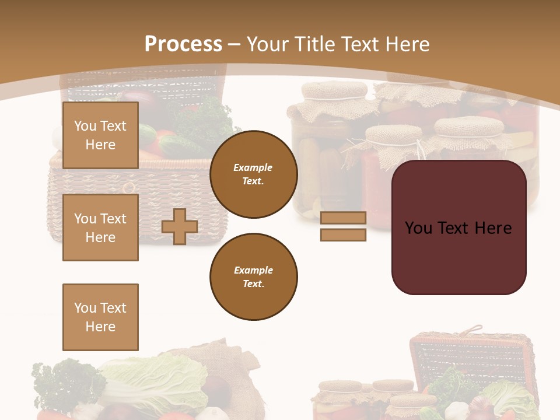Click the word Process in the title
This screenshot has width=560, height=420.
pyautogui.click(x=183, y=44)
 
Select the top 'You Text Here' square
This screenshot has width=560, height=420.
pyautogui.click(x=100, y=135)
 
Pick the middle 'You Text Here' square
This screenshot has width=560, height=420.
pyautogui.click(x=100, y=228)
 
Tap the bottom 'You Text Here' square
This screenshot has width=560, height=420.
pyautogui.click(x=100, y=317)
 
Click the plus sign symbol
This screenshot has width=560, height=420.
pyautogui.click(x=180, y=226)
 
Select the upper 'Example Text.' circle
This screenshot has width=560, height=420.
pyautogui.click(x=253, y=174)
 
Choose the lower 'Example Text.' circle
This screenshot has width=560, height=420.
pyautogui.click(x=253, y=277)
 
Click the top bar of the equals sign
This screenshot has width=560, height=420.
pyautogui.click(x=343, y=218)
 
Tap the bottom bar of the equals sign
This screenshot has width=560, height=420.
pyautogui.click(x=343, y=235)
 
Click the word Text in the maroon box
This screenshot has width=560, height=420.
pyautogui.click(x=457, y=228)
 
